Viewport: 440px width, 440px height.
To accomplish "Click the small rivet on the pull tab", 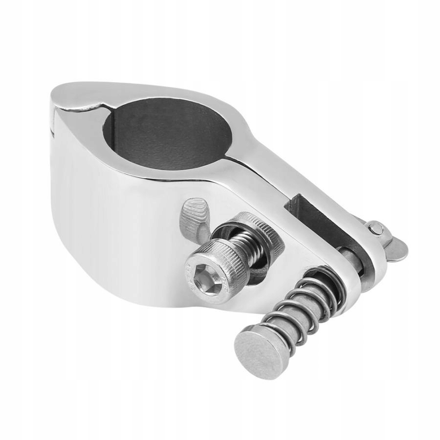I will (375, 228).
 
